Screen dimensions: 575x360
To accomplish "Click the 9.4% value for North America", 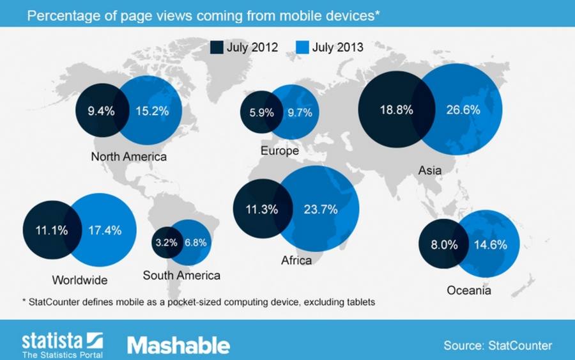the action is point(101,111).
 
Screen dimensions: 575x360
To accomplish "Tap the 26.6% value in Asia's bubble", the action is point(463,110).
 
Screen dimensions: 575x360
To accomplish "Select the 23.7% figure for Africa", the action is point(321,209).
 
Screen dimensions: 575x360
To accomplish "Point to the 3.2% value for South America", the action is point(167,242).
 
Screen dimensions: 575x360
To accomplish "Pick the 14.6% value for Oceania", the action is point(491,245).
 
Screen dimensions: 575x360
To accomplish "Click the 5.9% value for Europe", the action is point(261,113).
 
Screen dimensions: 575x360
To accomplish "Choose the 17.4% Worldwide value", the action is point(105,230).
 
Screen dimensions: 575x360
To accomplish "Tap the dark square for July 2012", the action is point(217,47).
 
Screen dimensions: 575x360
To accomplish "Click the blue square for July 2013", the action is point(302,47).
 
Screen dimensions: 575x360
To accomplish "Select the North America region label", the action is point(128,157).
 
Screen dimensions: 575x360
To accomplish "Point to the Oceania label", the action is point(469,291).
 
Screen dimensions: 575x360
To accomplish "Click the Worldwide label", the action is point(80,280).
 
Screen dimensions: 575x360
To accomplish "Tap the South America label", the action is point(181,276).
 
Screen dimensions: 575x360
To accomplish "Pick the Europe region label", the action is point(279,151).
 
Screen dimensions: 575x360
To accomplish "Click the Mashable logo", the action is point(179,345).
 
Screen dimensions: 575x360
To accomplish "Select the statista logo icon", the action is point(95,340).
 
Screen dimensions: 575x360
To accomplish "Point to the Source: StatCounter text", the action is point(498,345).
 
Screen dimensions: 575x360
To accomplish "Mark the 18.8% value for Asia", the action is point(396,110).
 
